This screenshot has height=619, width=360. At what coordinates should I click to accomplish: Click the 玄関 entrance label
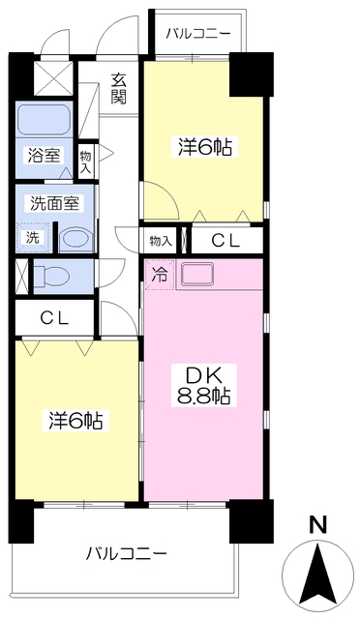tap(119, 88)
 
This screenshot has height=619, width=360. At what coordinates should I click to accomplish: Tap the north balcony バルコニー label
tap(197, 34)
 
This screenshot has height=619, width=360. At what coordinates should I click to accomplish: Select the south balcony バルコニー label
tap(126, 554)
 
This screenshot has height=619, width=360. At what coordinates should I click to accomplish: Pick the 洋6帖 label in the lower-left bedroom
tap(77, 422)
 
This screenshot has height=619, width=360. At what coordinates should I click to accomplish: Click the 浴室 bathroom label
tap(43, 154)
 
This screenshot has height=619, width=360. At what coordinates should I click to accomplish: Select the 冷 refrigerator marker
tap(159, 274)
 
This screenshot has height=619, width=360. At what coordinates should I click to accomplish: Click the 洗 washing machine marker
tap(33, 236)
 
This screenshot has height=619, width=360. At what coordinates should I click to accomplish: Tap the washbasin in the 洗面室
tap(74, 239)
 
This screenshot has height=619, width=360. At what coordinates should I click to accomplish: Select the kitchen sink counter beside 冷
tap(198, 274)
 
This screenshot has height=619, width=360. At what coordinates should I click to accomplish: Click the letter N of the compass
tap(315, 525)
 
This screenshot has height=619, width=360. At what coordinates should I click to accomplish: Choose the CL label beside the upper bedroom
tap(226, 240)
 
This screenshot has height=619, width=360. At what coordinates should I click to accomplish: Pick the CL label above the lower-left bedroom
tap(52, 316)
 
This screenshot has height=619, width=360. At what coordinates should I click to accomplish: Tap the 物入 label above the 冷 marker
tap(160, 240)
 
